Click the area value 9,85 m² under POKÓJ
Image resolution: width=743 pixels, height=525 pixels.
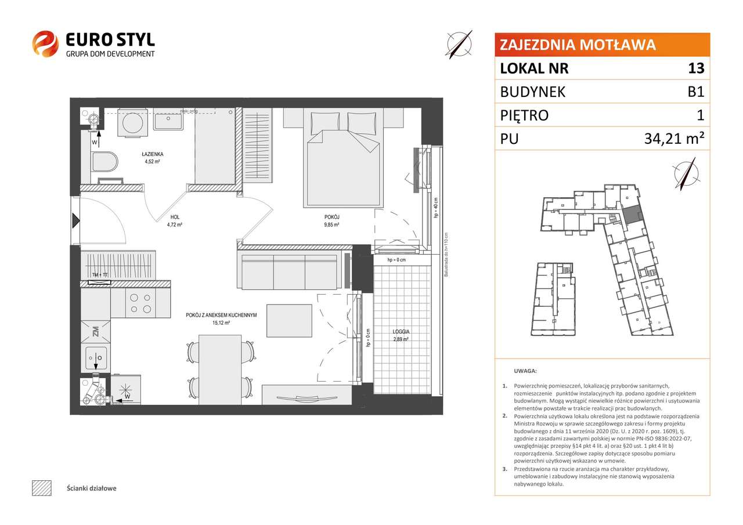pos(332,225)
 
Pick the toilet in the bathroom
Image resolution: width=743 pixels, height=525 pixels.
pos(104,162)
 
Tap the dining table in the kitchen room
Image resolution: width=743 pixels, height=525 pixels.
pos(220,369)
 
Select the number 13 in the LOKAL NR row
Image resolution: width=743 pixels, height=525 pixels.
pos(696,68)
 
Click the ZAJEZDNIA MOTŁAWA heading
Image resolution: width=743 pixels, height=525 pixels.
pos(578,45)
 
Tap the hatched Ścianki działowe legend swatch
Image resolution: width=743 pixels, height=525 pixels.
pos(42,488)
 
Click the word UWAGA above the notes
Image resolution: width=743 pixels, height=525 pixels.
pos(525,370)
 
